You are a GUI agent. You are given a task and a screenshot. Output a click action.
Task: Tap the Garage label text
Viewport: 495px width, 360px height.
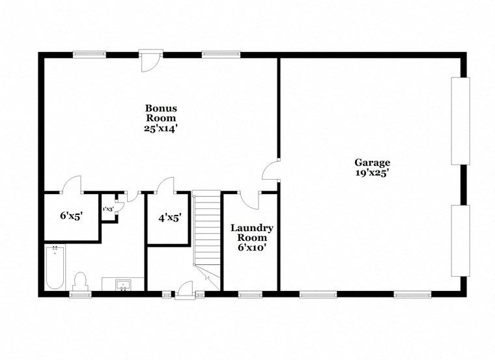(372, 163)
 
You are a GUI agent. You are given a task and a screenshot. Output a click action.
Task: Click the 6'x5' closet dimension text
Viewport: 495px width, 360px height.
(71, 215)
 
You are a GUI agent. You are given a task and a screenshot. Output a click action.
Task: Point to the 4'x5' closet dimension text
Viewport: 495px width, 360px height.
(169, 219)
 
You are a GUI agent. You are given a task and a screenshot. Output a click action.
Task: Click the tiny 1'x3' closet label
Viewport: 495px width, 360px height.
(109, 209)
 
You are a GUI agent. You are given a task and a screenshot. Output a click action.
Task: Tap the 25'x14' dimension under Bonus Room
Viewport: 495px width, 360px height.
(161, 129)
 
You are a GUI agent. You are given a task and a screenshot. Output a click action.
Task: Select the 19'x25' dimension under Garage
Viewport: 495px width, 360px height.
(372, 174)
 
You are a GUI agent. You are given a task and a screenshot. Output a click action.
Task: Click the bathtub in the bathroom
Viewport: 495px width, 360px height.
(55, 267)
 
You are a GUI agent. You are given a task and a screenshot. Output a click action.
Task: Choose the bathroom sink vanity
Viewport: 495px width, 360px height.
(123, 284)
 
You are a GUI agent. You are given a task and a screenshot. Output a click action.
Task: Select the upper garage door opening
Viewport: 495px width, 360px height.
(460, 120)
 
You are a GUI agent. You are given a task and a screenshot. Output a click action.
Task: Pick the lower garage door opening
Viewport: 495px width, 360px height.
(460, 240)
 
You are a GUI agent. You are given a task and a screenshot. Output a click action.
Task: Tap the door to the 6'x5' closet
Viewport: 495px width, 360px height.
(71, 185)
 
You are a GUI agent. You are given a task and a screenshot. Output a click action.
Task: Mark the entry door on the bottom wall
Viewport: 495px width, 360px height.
(184, 289)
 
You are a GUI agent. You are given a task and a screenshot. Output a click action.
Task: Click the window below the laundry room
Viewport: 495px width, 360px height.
(250, 294)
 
